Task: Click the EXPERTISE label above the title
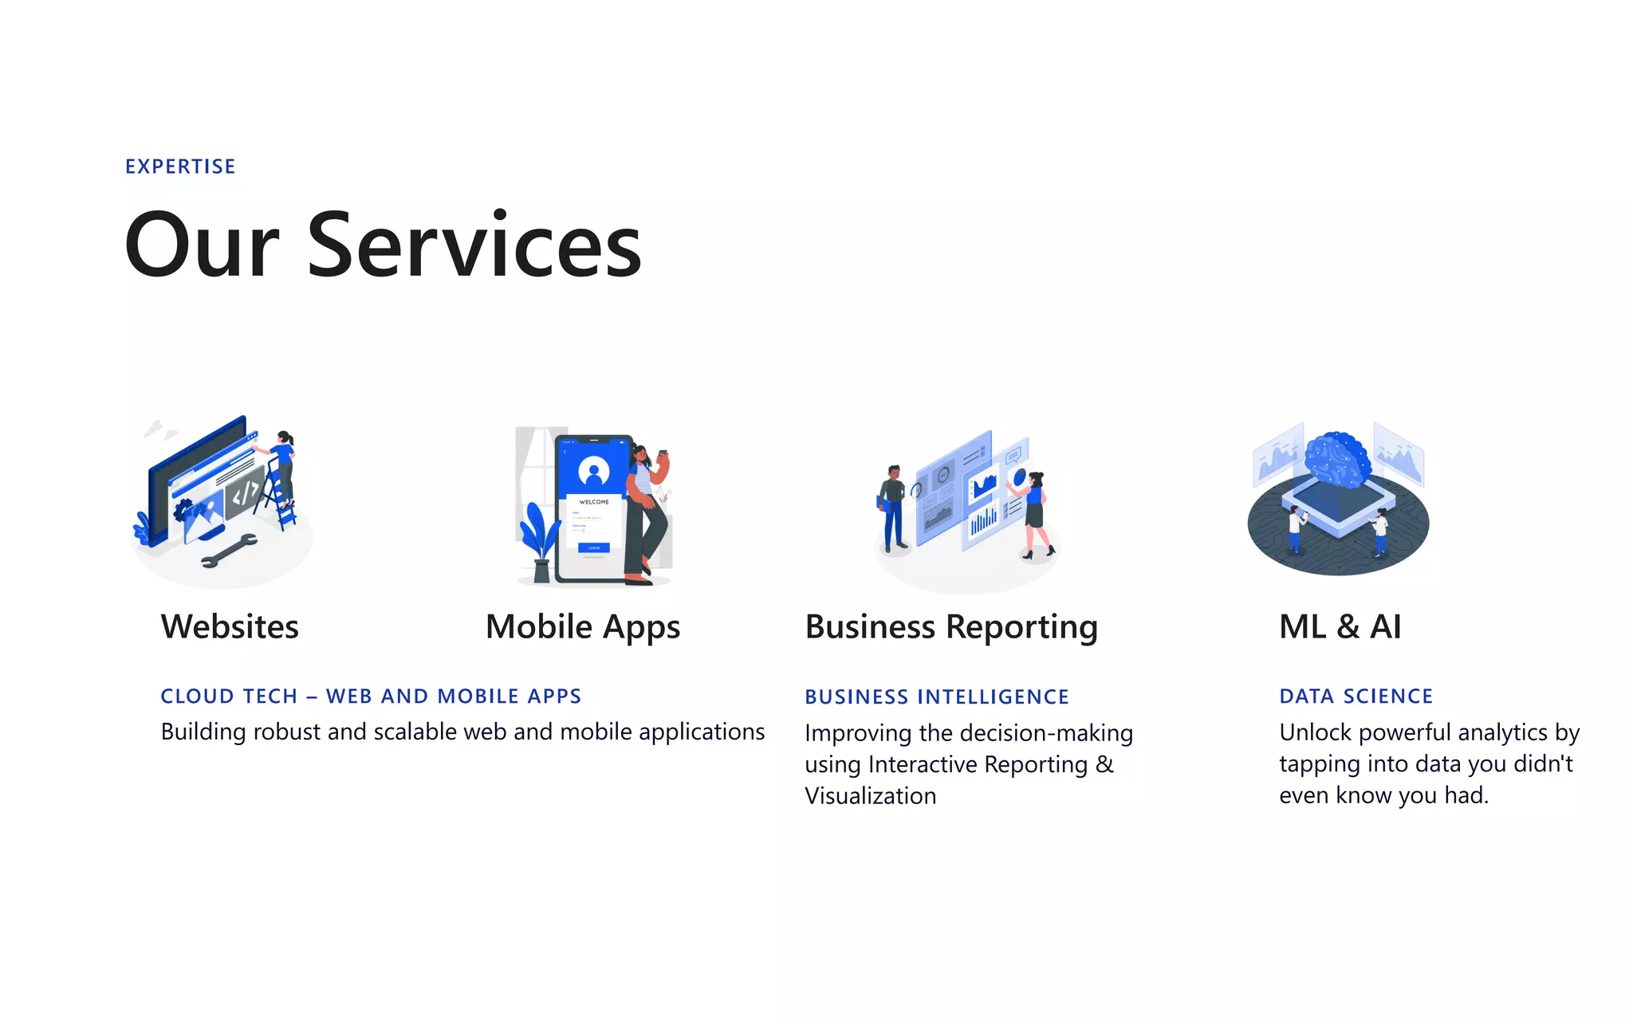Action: coord(180,167)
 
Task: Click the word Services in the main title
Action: coord(474,245)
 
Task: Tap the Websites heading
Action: coord(230,626)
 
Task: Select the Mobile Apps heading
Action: coord(583,627)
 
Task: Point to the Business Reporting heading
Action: coord(951,627)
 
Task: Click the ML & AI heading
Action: coord(1340,626)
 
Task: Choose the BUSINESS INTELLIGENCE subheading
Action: coord(937,697)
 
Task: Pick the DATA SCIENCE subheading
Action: coord(1356,696)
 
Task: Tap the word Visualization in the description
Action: coord(871,795)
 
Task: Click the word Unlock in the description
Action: coord(1315,732)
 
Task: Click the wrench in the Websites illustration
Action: coord(230,550)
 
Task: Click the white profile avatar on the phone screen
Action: coord(593,471)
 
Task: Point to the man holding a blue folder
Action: coord(893,506)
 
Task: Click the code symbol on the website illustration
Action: coord(245,494)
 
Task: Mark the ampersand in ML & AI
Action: coord(1348,626)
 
